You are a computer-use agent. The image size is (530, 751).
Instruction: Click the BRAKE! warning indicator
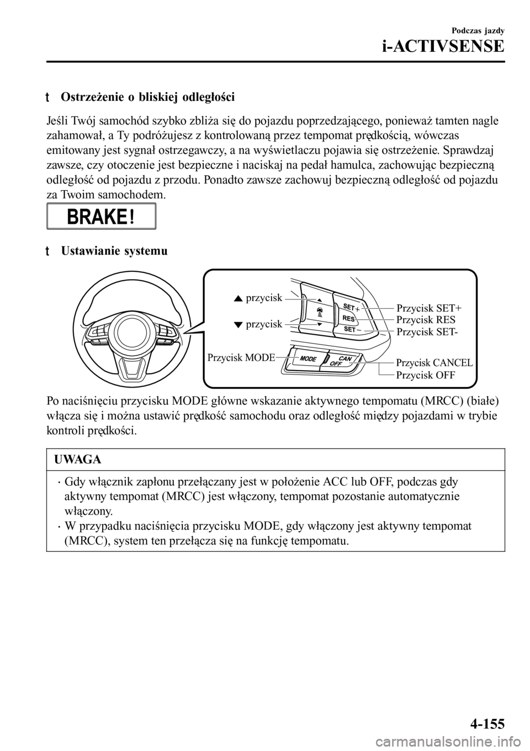(x=102, y=216)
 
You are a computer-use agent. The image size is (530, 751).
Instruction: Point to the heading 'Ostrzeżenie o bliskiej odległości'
(x=147, y=98)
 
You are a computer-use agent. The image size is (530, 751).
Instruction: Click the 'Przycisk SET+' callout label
(x=430, y=308)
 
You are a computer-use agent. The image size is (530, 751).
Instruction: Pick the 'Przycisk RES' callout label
(x=426, y=319)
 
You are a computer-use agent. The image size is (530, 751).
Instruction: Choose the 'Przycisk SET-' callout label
(x=428, y=331)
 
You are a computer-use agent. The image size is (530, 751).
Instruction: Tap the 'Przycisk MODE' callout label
(x=241, y=357)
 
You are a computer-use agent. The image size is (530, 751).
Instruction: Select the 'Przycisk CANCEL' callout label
(x=434, y=362)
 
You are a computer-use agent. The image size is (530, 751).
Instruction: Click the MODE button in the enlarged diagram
(x=309, y=358)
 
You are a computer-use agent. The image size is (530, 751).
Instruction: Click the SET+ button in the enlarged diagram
(x=350, y=307)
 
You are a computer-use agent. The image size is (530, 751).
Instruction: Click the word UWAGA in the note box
(x=77, y=459)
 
